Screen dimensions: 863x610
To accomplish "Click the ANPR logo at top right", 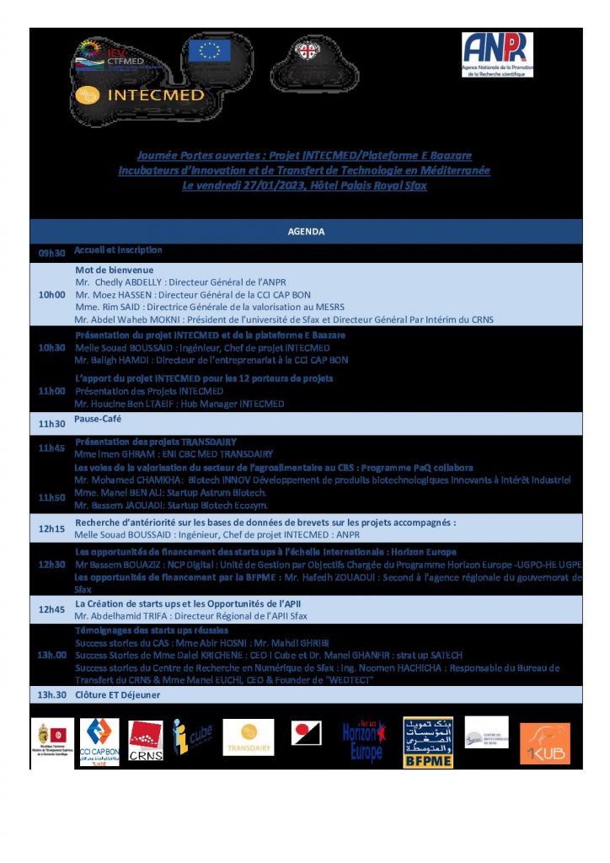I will click(x=497, y=54).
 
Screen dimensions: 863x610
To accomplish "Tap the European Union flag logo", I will click(x=210, y=51).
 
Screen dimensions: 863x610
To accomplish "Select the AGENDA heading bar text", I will click(x=306, y=232).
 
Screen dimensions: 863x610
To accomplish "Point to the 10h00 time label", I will click(x=52, y=295).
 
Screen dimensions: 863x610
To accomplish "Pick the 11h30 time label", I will click(x=51, y=423).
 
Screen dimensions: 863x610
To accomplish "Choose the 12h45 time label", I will click(x=51, y=609).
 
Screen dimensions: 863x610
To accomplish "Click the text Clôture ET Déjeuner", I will click(x=117, y=694).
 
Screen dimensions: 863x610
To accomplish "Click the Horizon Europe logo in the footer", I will click(x=363, y=742).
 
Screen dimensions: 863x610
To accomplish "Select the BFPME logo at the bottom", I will click(x=427, y=743).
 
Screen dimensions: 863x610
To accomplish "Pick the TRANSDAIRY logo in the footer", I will click(x=249, y=738).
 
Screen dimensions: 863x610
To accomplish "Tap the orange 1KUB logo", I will click(x=544, y=743).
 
